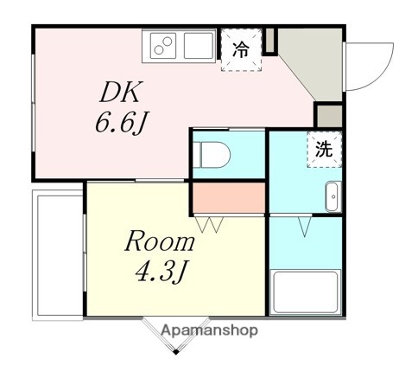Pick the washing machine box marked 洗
(323, 148)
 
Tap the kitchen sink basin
(198, 45)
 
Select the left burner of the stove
(158, 46)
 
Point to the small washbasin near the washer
(332, 197)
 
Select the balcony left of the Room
(57, 255)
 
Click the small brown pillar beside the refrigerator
(269, 40)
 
